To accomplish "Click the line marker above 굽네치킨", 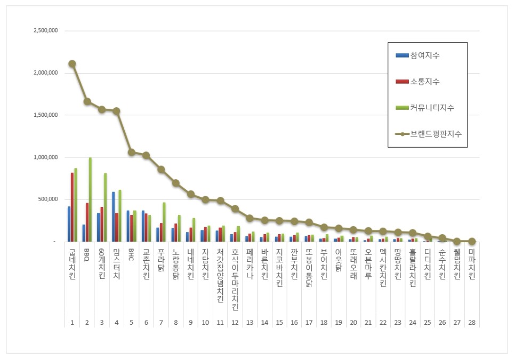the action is click(x=73, y=63).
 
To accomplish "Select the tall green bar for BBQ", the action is click(x=90, y=199).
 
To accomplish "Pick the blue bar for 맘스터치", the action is click(x=114, y=217).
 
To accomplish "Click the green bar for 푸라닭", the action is click(x=164, y=222).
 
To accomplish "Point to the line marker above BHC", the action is click(x=131, y=152).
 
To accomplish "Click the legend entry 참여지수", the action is click(x=417, y=55).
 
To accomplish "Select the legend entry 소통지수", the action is click(x=417, y=82).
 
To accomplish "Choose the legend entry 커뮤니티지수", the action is click(x=425, y=108).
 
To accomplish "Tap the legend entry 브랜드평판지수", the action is click(x=429, y=134).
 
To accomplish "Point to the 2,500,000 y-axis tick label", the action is click(x=46, y=30).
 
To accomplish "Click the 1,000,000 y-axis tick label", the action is click(x=46, y=157).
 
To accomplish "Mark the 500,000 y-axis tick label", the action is click(x=48, y=199).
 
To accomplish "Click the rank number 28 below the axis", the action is click(x=472, y=323).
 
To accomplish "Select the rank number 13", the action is click(x=250, y=323).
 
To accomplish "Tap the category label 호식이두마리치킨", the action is click(x=235, y=279).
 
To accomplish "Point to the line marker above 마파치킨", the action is click(x=472, y=242).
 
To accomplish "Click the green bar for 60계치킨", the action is click(x=105, y=207).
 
